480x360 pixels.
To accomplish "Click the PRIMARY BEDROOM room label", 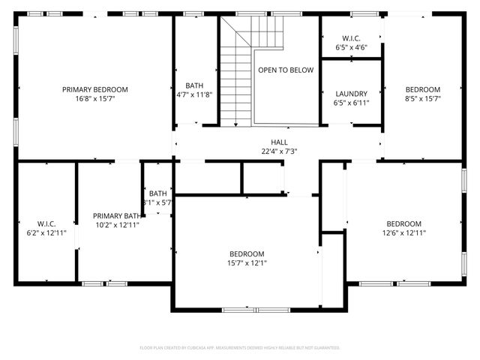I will pyautogui.click(x=94, y=89).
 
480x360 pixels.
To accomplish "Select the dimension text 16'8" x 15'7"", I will pyautogui.click(x=94, y=98).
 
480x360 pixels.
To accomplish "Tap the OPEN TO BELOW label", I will pyautogui.click(x=286, y=70).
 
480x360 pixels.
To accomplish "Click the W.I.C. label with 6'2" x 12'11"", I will pyautogui.click(x=46, y=223).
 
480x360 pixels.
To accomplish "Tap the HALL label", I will pyautogui.click(x=279, y=142).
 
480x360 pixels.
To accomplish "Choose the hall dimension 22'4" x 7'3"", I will pyautogui.click(x=279, y=151).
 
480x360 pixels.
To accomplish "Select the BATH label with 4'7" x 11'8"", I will pyautogui.click(x=194, y=85).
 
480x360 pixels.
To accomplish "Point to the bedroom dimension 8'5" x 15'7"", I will pyautogui.click(x=422, y=98).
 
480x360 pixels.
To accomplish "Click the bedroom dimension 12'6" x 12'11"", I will pyautogui.click(x=403, y=233).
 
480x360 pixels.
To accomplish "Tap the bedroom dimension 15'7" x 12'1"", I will pyautogui.click(x=247, y=262).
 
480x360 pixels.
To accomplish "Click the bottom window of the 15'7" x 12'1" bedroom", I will pyautogui.click(x=255, y=309).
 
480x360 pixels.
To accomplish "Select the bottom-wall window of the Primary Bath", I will pyautogui.click(x=104, y=283).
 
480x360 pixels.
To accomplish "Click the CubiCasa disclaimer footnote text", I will pyautogui.click(x=240, y=348).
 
